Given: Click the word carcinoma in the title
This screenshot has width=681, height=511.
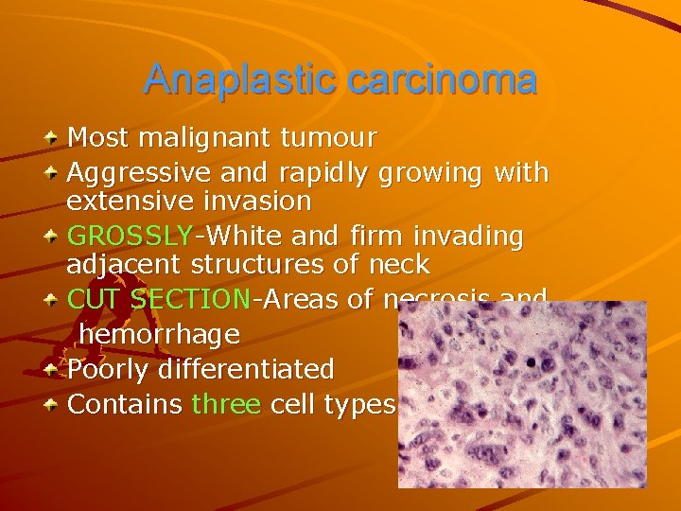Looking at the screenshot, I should coord(443,80).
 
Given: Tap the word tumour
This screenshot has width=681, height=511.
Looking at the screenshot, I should coord(327,139).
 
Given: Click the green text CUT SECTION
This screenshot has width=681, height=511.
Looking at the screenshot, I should coord(158,300).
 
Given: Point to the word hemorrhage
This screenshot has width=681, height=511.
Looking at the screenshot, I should coord(159,334).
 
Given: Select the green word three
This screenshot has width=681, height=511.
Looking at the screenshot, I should coord(226,404).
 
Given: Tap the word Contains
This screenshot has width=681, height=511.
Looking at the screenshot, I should coord(125,404).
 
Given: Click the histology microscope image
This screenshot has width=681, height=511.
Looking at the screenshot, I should coord(521,395).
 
